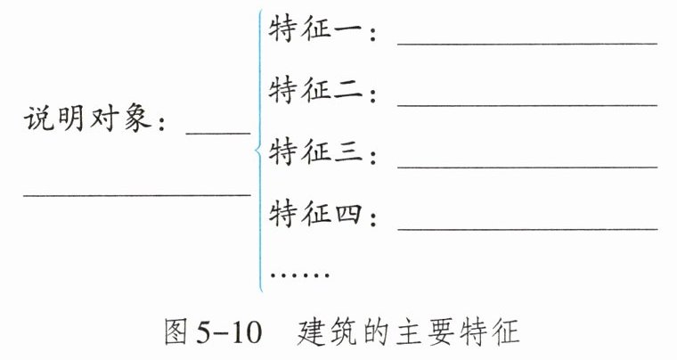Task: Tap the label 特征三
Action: [315, 152]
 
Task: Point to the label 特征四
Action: [315, 214]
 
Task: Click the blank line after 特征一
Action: [527, 44]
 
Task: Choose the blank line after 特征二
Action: [527, 105]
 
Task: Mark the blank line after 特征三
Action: [527, 167]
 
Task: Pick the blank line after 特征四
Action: [527, 229]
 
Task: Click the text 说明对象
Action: [87, 119]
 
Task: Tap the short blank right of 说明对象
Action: [218, 134]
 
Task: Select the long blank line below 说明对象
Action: [137, 195]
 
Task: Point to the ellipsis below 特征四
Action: [299, 274]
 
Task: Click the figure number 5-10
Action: [229, 333]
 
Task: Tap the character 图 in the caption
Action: [176, 332]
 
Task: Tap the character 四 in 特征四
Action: [348, 215]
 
